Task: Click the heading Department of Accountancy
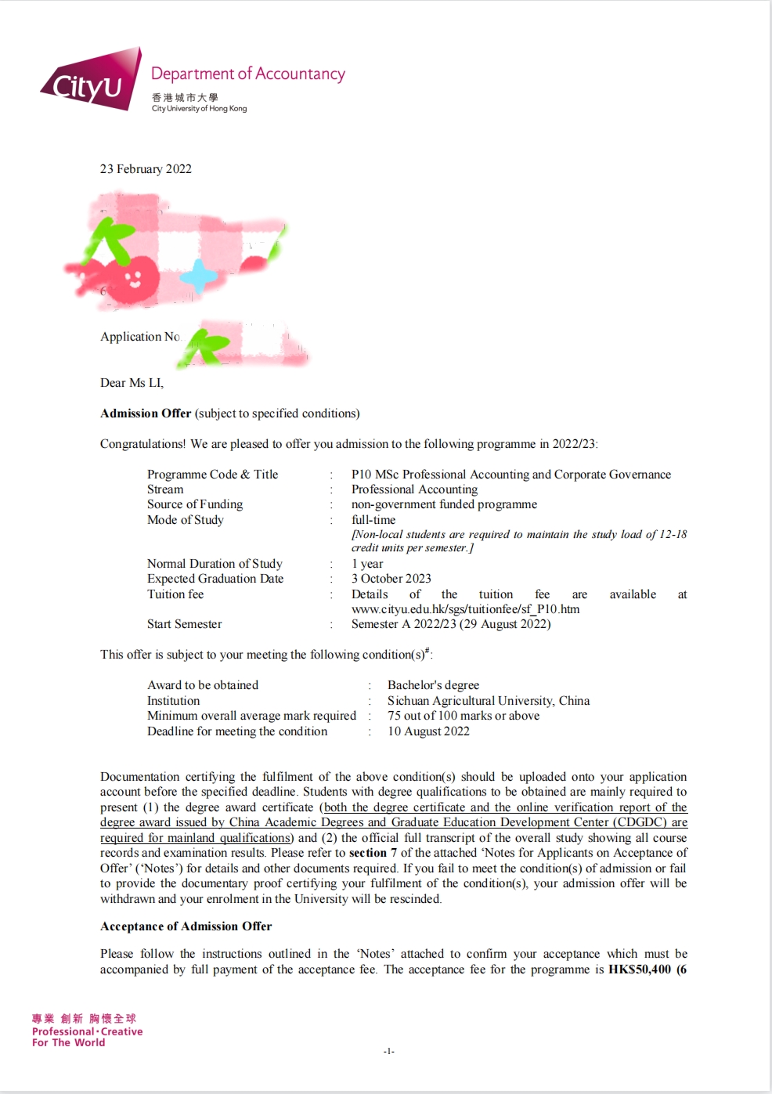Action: click(247, 74)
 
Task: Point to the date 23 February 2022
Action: click(146, 169)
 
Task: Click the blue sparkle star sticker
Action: click(200, 276)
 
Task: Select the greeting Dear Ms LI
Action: click(132, 383)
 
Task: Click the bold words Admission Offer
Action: click(146, 413)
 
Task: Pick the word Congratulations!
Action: click(143, 444)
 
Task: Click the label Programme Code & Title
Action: click(212, 475)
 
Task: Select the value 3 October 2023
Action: click(391, 579)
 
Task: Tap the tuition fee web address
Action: click(466, 608)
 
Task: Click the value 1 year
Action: click(367, 564)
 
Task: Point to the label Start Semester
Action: click(184, 624)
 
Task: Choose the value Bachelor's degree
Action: click(433, 685)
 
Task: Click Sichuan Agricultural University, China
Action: click(489, 701)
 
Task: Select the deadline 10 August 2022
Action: click(428, 731)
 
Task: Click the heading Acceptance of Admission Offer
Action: click(186, 926)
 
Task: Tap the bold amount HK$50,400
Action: click(640, 969)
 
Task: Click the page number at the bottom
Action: click(388, 1051)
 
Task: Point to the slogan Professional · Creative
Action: click(87, 1031)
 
